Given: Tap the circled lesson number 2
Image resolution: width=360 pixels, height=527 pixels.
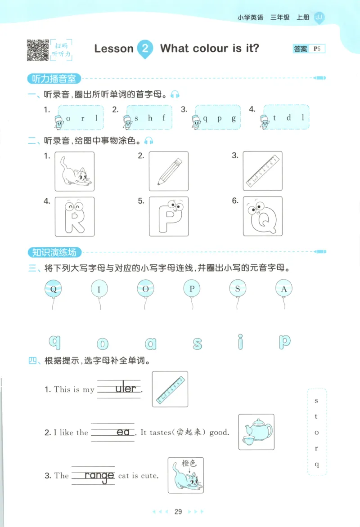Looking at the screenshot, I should tap(144, 48).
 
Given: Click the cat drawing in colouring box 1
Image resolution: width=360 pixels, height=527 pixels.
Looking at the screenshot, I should tap(74, 172).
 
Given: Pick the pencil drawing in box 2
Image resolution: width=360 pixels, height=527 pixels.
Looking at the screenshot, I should tap(169, 172).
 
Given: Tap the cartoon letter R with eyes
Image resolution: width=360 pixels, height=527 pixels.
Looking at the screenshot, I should tap(74, 217).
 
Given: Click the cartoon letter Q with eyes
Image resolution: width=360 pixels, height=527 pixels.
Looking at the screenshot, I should tap(262, 217).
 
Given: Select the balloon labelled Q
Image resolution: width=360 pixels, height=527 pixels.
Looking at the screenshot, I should tap(54, 289).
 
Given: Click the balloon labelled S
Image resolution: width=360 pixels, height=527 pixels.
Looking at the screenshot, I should tap(238, 289).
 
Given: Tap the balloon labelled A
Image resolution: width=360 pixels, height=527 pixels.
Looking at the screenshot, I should tap(284, 289).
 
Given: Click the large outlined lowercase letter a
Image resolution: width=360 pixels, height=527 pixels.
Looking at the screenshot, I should tap(151, 344).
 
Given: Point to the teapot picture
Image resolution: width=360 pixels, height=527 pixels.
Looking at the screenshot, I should tap(256, 432).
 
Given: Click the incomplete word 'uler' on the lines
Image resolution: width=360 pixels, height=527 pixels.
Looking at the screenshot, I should tap(125, 389).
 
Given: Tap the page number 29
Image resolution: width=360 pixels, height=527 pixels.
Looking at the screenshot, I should tap(178, 512).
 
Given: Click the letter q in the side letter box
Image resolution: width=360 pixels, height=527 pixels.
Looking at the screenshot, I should tap(317, 464).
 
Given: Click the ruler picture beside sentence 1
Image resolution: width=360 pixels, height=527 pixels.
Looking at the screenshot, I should tap(170, 389).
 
